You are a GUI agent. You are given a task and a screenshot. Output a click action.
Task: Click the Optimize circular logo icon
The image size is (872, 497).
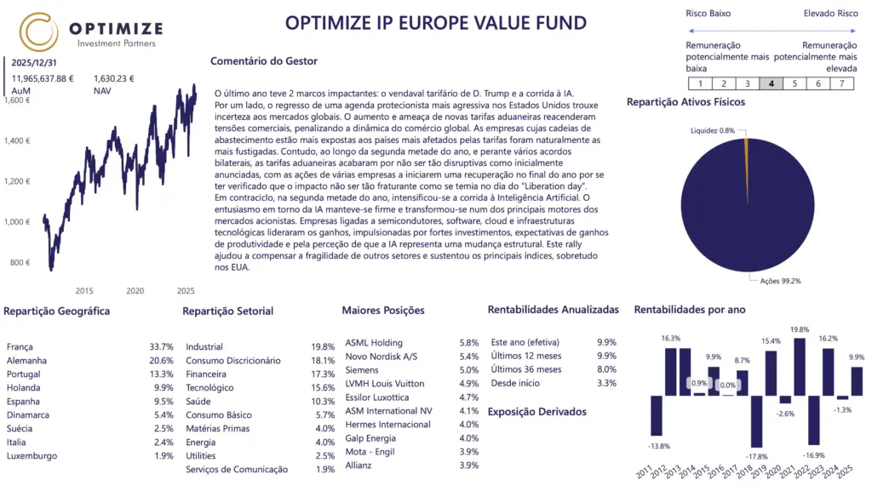tap(40, 31)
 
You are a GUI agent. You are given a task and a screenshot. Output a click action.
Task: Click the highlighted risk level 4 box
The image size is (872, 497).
tap(771, 83)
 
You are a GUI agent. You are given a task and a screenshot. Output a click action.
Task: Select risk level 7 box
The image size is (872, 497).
tap(841, 83)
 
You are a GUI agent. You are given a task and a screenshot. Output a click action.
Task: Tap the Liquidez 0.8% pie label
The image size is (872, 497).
tap(714, 130)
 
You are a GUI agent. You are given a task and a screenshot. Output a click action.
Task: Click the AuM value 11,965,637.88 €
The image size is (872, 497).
tap(43, 78)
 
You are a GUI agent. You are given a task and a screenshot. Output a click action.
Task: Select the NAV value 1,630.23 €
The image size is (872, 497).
tap(113, 78)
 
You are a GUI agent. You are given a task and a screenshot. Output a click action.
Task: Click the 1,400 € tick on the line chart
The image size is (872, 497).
tap(17, 140)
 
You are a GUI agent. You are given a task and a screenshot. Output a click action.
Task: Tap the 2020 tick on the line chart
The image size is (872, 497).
tap(135, 290)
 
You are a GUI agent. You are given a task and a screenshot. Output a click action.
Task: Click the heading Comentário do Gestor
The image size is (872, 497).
tap(263, 61)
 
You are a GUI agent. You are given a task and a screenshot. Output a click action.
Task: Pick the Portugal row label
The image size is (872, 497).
tap(24, 374)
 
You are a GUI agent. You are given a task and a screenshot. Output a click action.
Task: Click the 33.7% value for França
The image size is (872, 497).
tap(161, 347)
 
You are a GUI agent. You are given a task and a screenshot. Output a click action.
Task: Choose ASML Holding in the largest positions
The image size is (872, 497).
tap(374, 343)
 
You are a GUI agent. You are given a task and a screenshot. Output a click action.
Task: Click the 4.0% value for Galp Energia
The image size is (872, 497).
tap(468, 438)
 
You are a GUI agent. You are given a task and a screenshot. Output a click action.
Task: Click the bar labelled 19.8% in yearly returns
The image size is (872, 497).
tap(799, 367)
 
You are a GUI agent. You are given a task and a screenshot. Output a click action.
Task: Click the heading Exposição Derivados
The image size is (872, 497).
tap(536, 412)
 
